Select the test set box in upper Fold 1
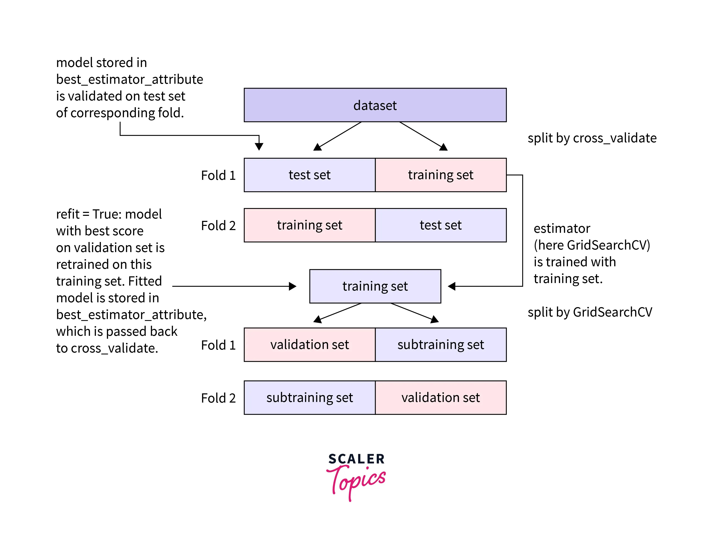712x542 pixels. coord(309,175)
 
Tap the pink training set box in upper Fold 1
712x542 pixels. coord(441,175)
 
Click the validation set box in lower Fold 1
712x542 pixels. coord(309,345)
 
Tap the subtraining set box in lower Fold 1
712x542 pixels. coord(441,345)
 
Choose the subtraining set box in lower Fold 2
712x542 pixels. coord(309,398)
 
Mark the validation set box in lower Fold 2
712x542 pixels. coord(441,398)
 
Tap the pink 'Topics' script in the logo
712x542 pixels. coord(356,481)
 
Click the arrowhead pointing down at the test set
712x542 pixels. coord(259,147)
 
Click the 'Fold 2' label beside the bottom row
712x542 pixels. coord(218,398)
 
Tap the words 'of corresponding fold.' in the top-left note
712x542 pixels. coord(120,113)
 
